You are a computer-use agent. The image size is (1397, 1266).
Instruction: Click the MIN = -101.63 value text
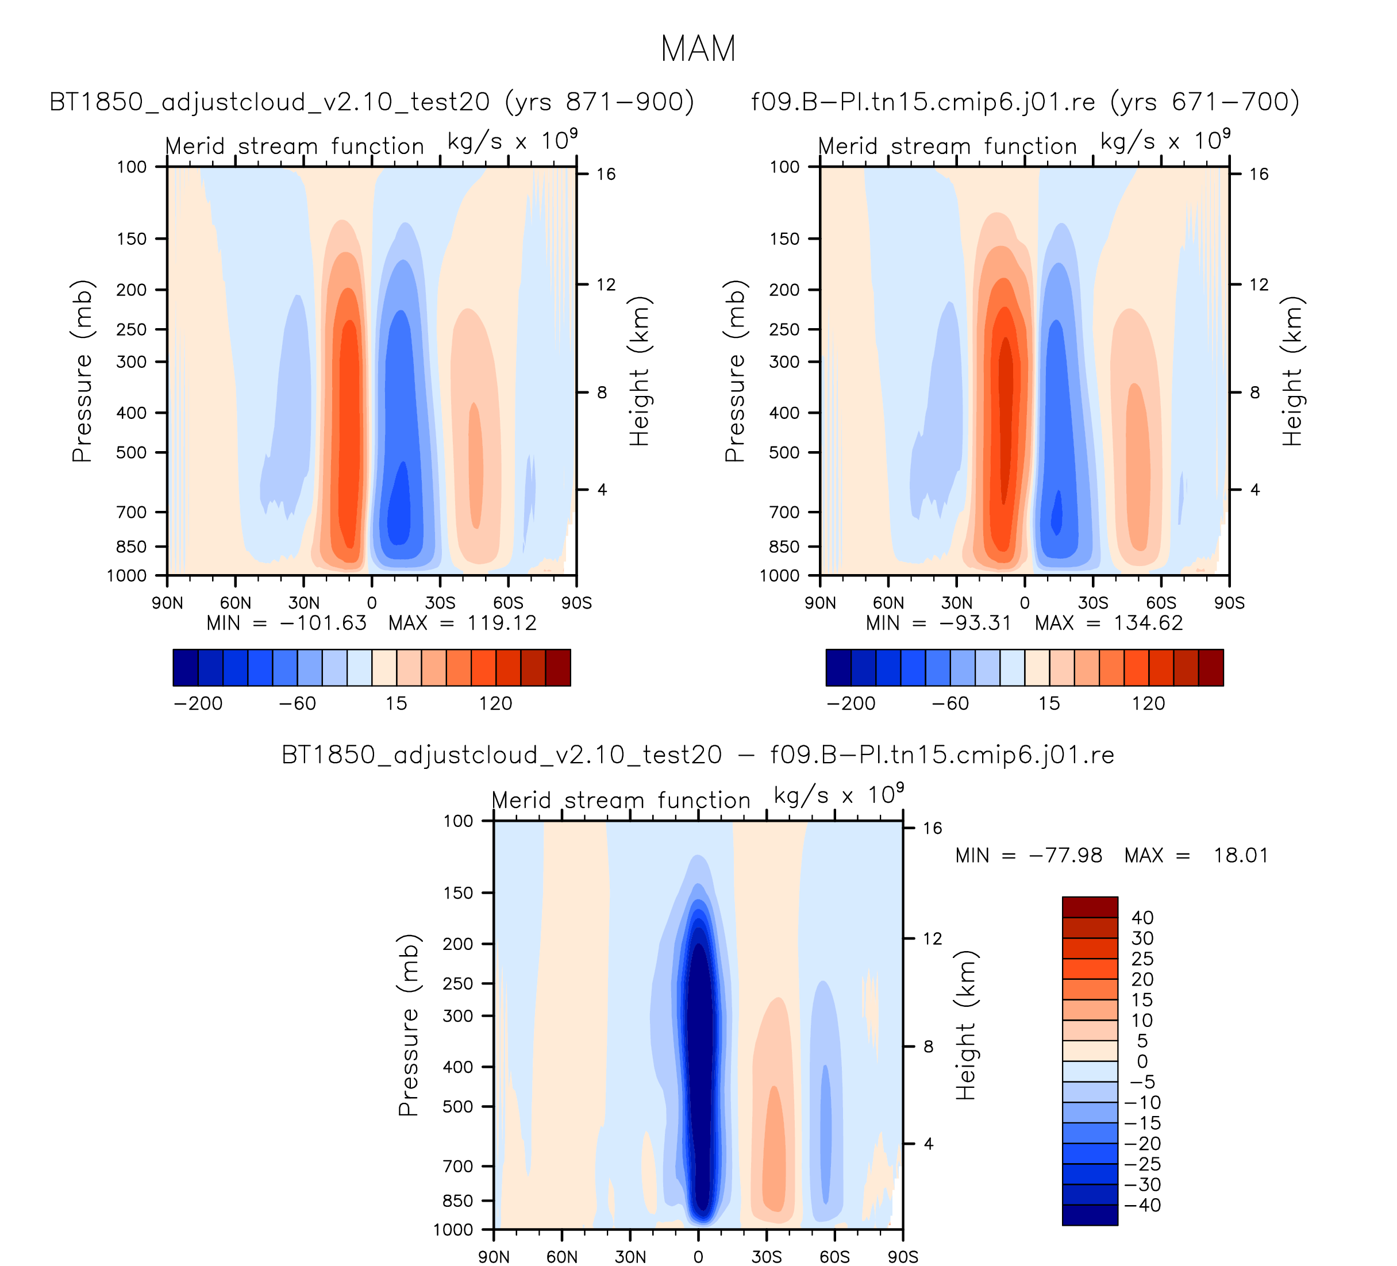287,623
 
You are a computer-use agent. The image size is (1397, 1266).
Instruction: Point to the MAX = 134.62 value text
1109,623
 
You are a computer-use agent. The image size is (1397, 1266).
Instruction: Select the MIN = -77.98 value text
1028,855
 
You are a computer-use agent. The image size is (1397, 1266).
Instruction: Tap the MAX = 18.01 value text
1196,855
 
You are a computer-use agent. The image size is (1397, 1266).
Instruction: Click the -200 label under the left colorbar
198,703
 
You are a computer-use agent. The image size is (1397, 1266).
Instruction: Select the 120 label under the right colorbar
1148,703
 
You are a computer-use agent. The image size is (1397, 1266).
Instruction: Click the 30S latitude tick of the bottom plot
767,1257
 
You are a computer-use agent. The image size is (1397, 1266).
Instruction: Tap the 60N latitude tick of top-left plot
236,603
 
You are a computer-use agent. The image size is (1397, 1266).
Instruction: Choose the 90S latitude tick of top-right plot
1229,603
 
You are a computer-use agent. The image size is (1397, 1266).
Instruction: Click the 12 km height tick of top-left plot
606,284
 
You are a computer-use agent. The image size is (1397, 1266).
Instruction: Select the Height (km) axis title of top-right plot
1292,371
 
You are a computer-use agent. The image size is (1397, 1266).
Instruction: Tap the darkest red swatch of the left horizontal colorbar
558,667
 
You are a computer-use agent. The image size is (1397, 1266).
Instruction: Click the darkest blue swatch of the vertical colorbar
1090,1215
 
